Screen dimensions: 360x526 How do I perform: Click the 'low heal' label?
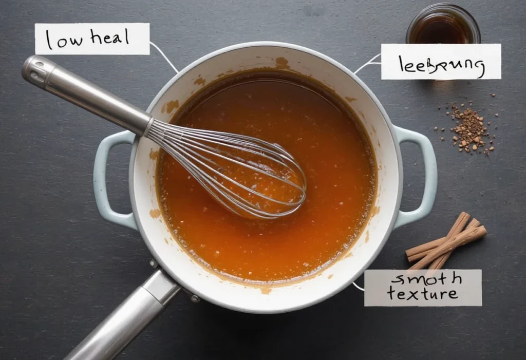[92, 39]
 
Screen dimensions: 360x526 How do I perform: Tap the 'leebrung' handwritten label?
[441, 62]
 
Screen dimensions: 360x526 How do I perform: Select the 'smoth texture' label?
[423, 288]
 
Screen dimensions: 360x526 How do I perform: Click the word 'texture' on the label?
[422, 295]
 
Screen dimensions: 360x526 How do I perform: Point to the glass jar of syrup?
[443, 25]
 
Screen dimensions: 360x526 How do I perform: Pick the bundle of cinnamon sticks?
[445, 240]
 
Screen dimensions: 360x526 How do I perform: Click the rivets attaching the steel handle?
[194, 298]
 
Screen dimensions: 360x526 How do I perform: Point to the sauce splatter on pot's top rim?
[281, 63]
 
